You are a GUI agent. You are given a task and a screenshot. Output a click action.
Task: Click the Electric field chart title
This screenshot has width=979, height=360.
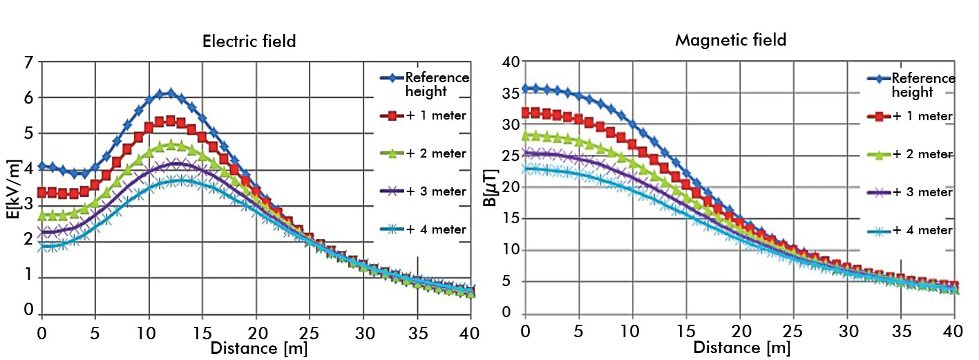tap(249, 41)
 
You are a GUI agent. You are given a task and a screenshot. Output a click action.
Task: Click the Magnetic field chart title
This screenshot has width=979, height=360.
tap(731, 40)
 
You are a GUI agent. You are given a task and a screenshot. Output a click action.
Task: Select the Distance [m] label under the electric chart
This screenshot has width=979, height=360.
tap(254, 347)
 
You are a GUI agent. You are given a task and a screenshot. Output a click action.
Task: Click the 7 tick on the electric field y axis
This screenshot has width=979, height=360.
tap(28, 63)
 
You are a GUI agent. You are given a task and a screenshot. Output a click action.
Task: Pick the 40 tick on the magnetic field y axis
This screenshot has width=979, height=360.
tap(511, 63)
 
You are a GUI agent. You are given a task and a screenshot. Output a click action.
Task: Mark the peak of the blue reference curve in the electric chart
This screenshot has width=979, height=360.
tap(170, 93)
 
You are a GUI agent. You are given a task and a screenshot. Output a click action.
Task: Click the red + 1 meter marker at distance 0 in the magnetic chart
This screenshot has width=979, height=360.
tap(525, 112)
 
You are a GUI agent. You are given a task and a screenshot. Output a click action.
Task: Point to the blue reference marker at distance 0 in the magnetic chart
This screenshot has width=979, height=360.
tap(525, 88)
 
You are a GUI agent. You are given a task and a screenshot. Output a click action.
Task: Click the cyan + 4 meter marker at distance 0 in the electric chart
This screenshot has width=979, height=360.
tap(42, 247)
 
